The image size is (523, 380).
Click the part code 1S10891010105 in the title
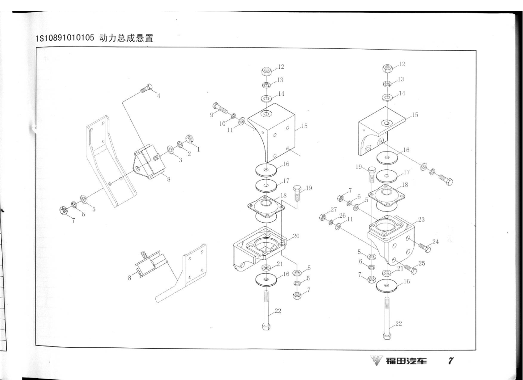click(x=65, y=38)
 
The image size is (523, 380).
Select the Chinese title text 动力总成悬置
click(x=126, y=38)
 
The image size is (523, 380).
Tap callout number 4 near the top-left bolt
click(x=159, y=96)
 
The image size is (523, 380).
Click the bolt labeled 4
click(x=146, y=89)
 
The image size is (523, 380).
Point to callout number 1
click(x=198, y=149)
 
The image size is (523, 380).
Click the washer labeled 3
click(x=170, y=149)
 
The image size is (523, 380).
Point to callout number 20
click(x=296, y=236)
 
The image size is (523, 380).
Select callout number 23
click(x=421, y=220)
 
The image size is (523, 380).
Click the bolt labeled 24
click(x=424, y=248)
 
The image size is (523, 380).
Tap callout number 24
click(x=436, y=242)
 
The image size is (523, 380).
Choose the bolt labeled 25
click(x=410, y=268)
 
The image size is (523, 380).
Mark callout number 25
click(x=422, y=263)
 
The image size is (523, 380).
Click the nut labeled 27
click(x=322, y=217)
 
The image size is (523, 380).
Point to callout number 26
click(x=342, y=216)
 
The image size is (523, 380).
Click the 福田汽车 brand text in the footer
click(x=406, y=361)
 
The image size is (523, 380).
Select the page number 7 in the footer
click(x=450, y=361)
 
